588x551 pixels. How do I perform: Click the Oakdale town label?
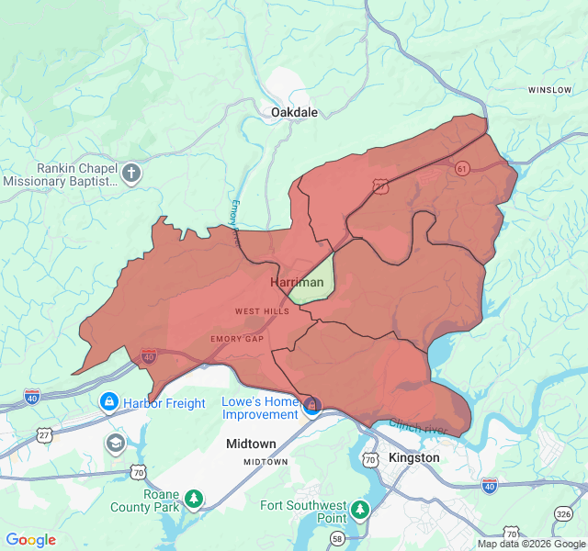click(x=294, y=112)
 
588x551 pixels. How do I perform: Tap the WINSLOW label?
click(x=549, y=90)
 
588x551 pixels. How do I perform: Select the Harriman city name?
click(x=297, y=283)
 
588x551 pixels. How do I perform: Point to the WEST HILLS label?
click(x=262, y=311)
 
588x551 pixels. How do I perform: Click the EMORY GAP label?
click(x=237, y=339)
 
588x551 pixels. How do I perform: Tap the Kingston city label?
click(x=413, y=457)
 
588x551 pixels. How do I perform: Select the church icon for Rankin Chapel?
click(x=131, y=173)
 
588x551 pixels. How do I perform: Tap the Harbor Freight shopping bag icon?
click(x=108, y=402)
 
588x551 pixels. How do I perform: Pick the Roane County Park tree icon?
click(x=194, y=499)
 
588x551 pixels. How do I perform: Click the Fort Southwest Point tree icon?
click(x=360, y=508)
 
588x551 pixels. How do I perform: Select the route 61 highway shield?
click(x=461, y=168)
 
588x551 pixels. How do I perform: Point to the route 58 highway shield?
click(x=338, y=538)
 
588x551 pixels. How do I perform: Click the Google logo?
click(x=31, y=540)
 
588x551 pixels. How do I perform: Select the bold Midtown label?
click(x=251, y=444)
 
